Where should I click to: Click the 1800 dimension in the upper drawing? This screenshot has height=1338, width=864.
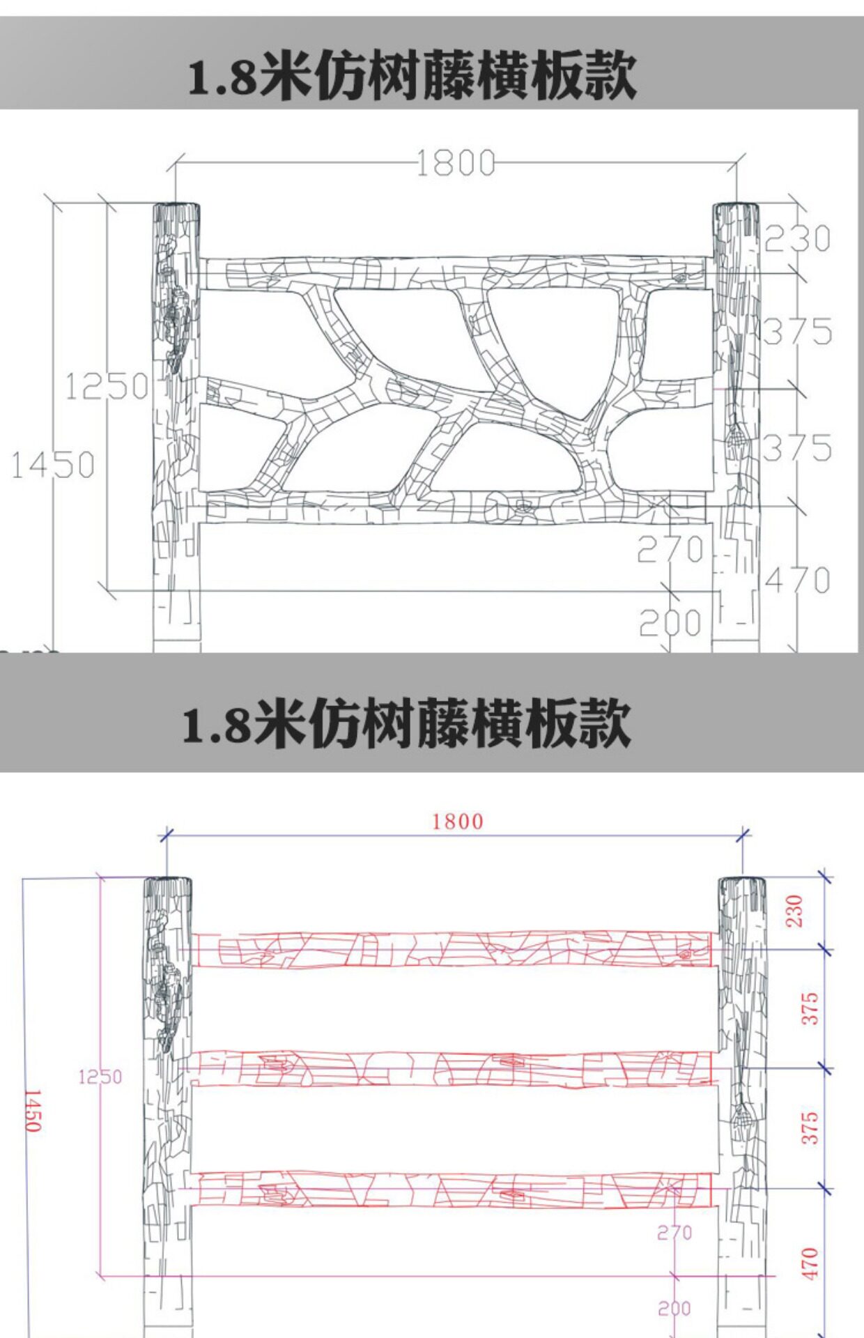456,164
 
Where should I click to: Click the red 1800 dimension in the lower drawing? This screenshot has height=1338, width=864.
458,822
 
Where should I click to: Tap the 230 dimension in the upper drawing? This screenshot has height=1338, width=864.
798,239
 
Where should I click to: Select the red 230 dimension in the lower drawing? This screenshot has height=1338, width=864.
795,912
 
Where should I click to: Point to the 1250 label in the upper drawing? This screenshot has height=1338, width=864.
107,386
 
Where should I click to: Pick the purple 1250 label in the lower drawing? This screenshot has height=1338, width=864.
100,1077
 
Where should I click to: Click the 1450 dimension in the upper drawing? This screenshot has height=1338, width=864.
53,465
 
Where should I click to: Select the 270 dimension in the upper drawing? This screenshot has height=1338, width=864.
670,551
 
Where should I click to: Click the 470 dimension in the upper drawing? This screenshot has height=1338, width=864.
798,580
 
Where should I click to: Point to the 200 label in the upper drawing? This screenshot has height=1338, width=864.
670,623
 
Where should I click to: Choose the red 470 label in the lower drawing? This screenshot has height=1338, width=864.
810,1263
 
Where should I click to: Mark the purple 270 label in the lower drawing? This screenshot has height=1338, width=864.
674,1233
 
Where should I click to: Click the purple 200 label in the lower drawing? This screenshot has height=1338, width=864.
674,1308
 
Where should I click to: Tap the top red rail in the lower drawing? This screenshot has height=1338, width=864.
453,949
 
